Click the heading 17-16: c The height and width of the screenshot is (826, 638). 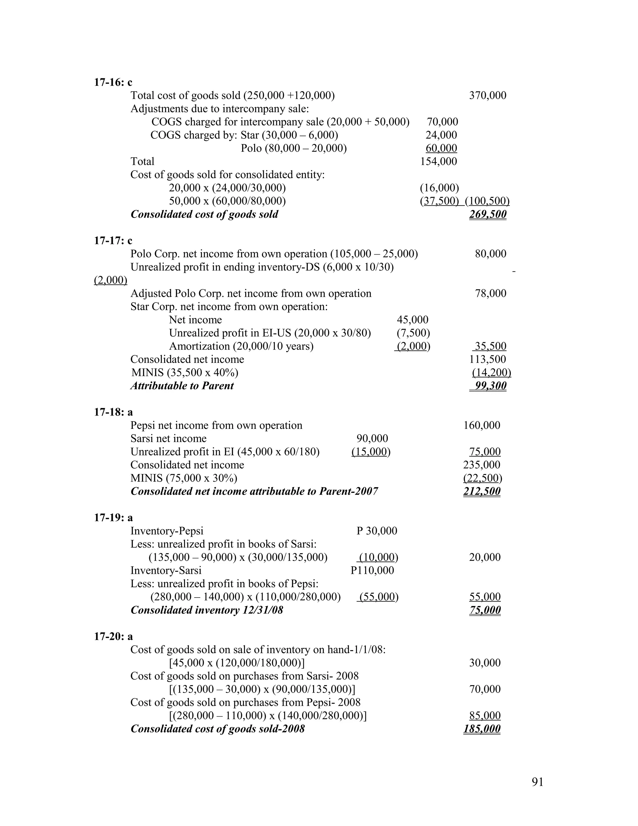tap(113, 82)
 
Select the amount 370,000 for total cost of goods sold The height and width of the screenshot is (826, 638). tap(488, 95)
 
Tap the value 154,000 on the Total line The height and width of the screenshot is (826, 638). tap(438, 161)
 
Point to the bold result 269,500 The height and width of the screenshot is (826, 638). tap(488, 214)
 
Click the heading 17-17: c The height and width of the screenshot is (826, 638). tap(113, 241)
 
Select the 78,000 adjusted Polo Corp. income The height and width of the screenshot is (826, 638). tap(490, 294)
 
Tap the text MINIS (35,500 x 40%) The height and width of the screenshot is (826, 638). tap(185, 373)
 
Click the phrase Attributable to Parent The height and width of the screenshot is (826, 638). tap(182, 386)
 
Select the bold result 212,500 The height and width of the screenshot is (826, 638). tap(482, 492)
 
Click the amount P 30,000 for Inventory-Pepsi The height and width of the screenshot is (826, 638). tap(377, 531)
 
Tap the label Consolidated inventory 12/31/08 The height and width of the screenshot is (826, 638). tap(207, 610)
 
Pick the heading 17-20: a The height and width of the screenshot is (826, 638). tap(113, 636)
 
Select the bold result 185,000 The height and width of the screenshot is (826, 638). tap(482, 729)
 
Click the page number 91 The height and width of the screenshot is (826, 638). tap(537, 782)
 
